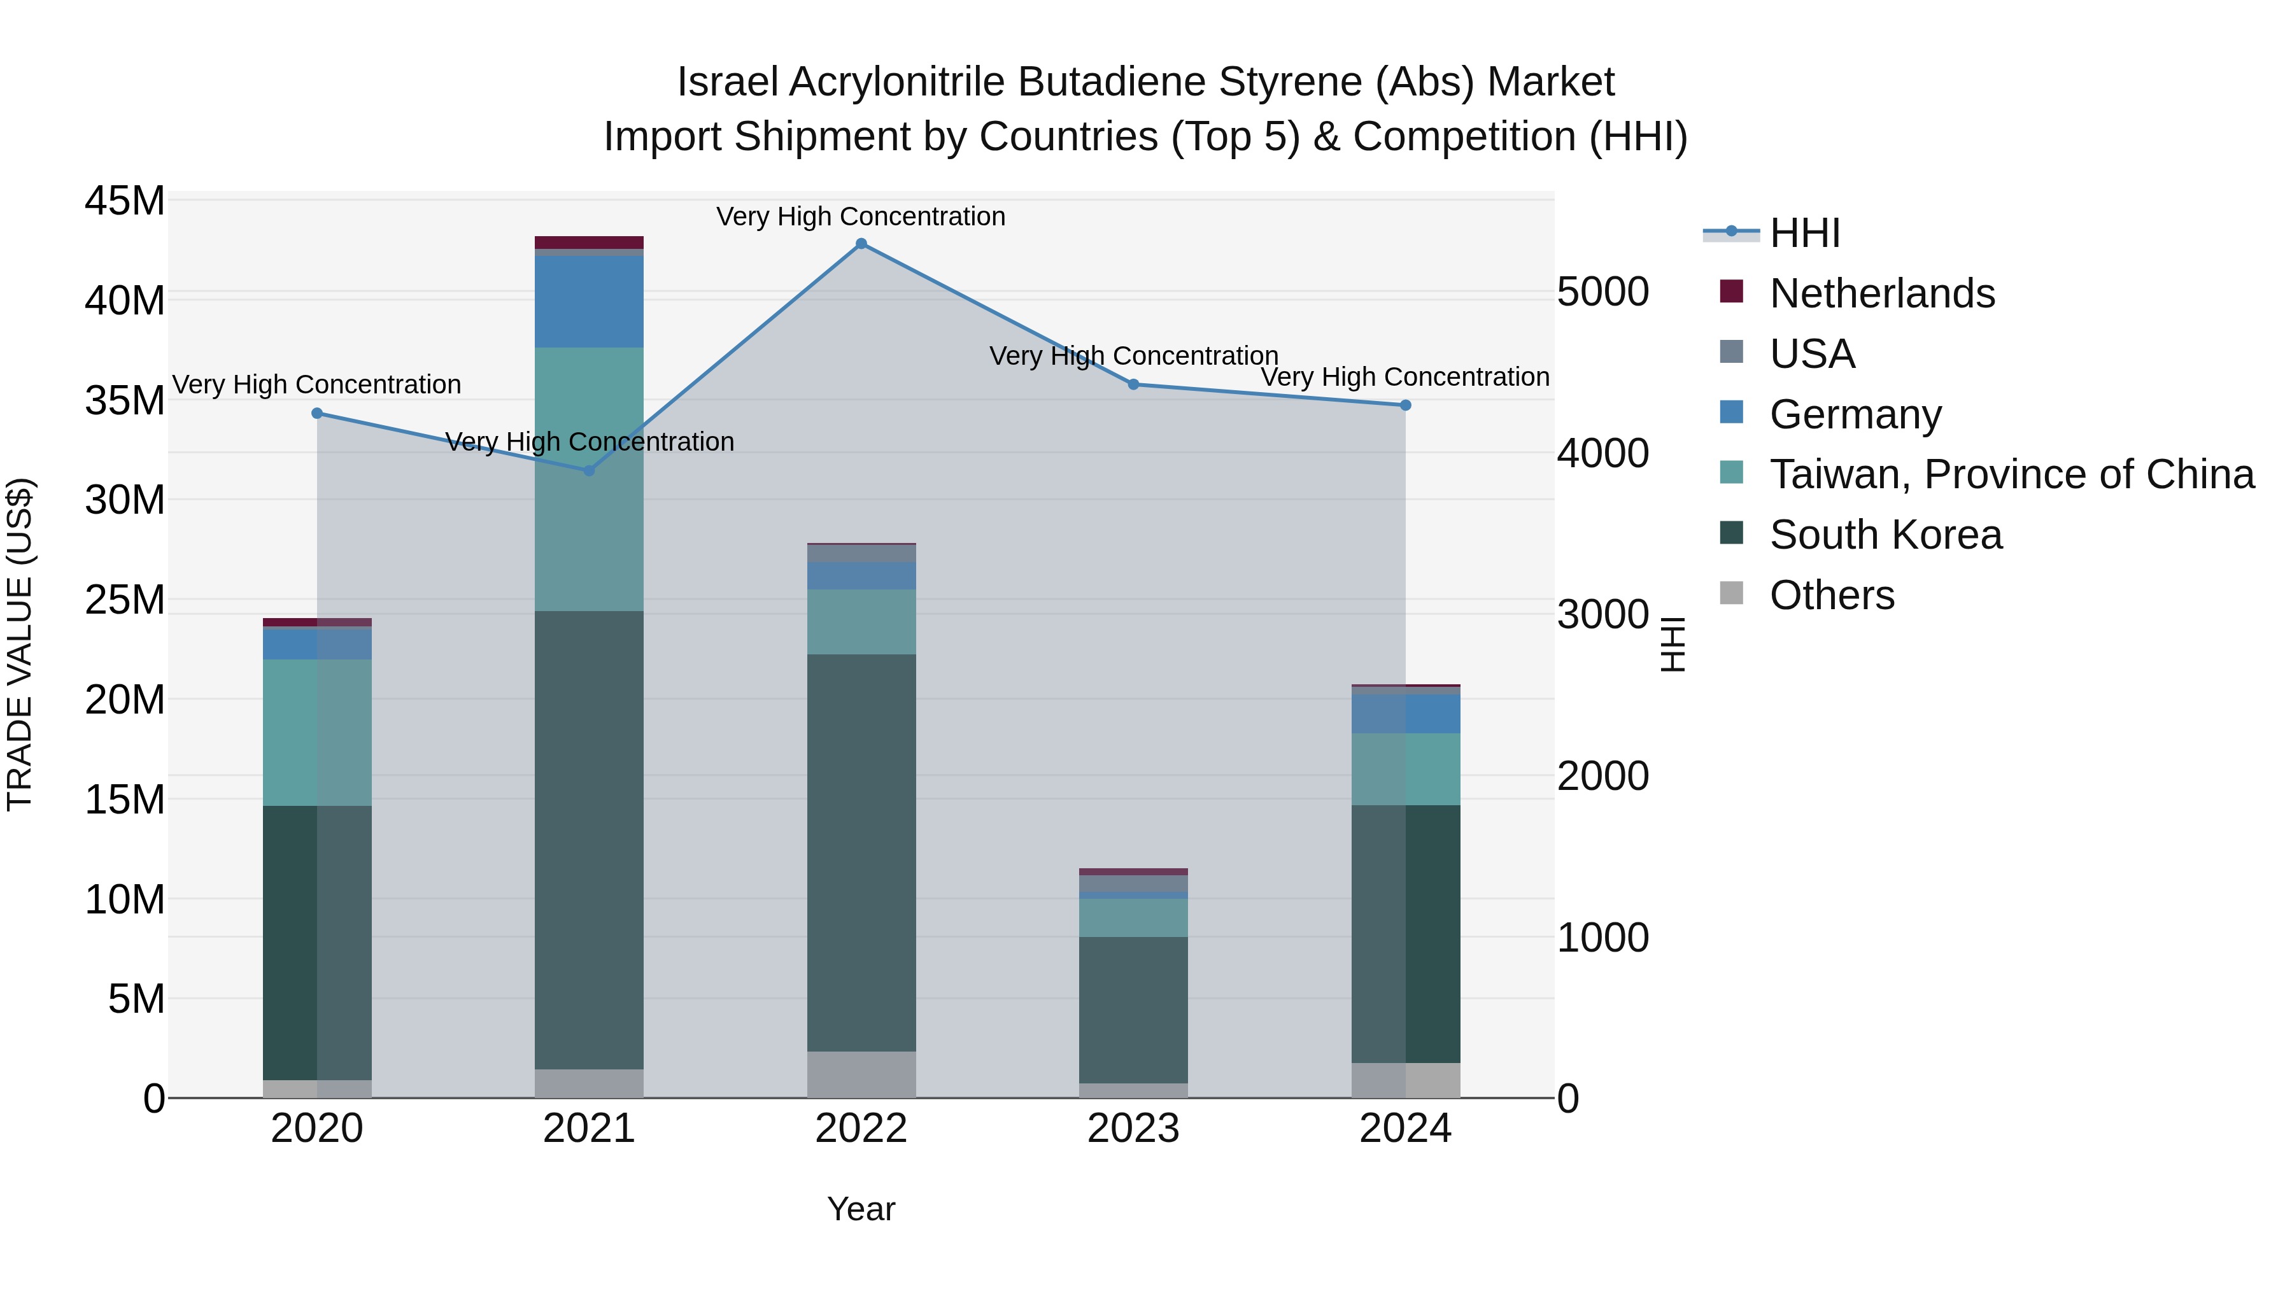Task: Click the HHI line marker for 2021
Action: (x=589, y=470)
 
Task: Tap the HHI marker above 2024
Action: (x=1406, y=405)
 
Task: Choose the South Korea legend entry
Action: (x=1885, y=535)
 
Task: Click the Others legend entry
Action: (x=1831, y=596)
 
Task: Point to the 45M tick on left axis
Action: (x=125, y=201)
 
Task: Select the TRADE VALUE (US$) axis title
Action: (x=20, y=644)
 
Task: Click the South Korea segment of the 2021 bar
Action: (x=589, y=840)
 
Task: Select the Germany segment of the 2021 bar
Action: (x=589, y=302)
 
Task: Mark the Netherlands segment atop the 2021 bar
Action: (x=589, y=242)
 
